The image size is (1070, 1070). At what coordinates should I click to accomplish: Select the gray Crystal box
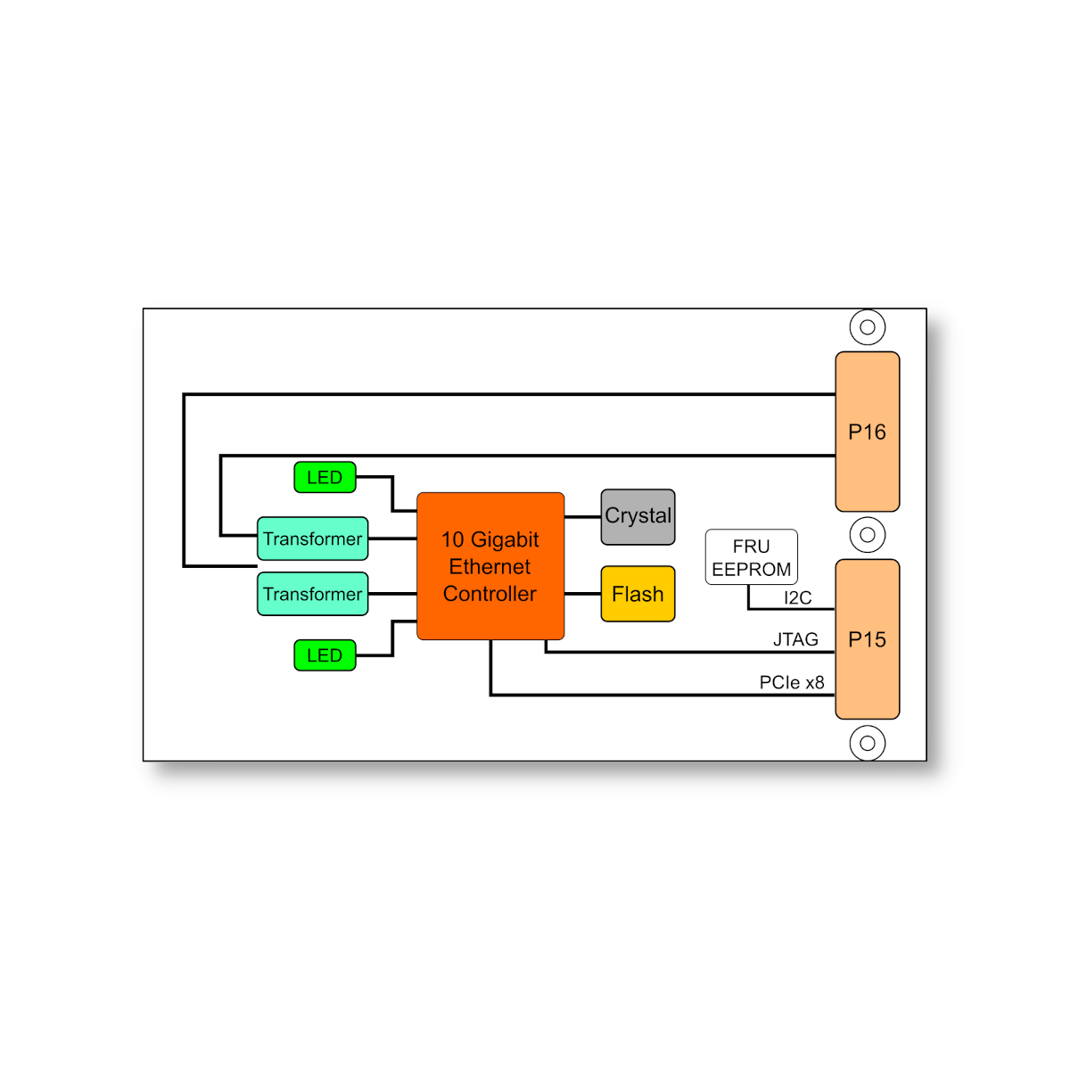click(638, 517)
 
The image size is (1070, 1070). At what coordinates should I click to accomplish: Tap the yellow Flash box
click(638, 594)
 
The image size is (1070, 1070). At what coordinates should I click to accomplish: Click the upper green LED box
click(325, 477)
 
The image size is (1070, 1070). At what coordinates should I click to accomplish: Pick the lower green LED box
click(325, 655)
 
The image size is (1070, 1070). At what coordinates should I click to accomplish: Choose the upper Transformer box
click(312, 539)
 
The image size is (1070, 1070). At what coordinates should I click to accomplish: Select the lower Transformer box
click(312, 594)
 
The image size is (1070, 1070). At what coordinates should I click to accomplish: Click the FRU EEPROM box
click(751, 557)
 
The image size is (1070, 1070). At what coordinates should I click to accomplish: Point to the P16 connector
click(867, 432)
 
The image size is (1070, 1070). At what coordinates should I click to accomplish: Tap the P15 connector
click(867, 639)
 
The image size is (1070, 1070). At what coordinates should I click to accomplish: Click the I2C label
click(797, 597)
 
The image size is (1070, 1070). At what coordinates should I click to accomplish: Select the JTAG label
click(795, 639)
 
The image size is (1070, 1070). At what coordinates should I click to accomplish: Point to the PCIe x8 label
click(792, 682)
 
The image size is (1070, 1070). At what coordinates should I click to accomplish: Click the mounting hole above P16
click(867, 327)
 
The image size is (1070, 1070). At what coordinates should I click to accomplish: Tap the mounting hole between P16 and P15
click(867, 535)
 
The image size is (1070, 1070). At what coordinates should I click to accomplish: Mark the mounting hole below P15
click(867, 743)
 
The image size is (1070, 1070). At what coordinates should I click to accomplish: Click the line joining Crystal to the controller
click(582, 517)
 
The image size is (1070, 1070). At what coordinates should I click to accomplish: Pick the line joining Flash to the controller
click(582, 594)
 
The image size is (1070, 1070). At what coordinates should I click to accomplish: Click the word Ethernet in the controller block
click(490, 567)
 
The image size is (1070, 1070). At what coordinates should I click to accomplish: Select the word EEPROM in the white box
click(751, 570)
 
